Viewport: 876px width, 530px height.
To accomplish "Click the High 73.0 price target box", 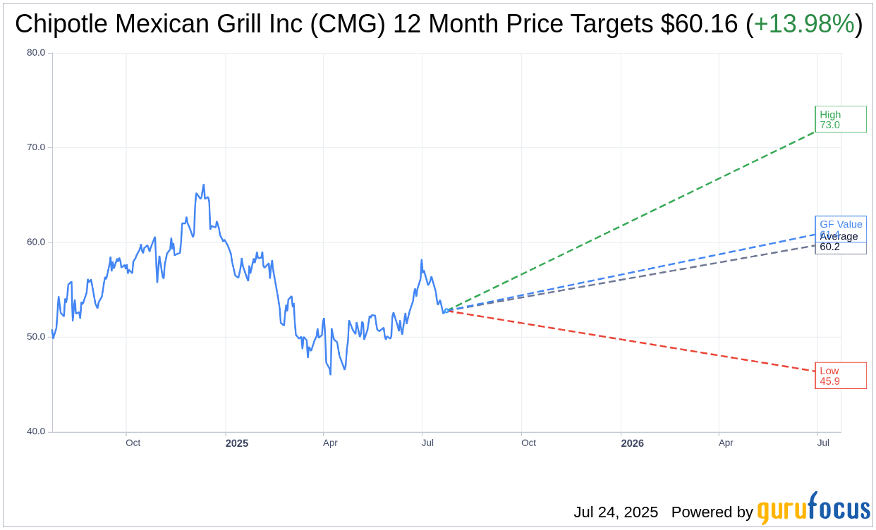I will [x=840, y=119].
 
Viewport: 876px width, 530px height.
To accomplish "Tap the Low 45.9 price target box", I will [x=840, y=376].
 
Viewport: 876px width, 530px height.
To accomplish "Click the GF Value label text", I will [x=841, y=224].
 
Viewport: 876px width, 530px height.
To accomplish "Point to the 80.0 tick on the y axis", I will [x=36, y=53].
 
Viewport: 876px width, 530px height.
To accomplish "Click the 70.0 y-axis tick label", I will [x=36, y=147].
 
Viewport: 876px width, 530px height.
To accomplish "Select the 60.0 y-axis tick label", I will [x=36, y=242].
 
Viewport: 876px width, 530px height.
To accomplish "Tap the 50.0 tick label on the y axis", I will [x=36, y=337].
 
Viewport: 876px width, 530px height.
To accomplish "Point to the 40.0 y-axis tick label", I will [x=36, y=431].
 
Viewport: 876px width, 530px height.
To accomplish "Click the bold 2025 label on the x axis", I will [x=237, y=443].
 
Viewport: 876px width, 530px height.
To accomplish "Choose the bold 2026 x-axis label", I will [x=632, y=443].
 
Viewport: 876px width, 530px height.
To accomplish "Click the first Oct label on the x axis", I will [x=133, y=443].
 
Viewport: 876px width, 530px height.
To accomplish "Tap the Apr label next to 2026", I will [x=726, y=443].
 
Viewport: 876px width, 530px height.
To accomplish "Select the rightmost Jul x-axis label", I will [x=823, y=443].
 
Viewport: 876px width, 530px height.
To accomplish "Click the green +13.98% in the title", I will [x=804, y=25].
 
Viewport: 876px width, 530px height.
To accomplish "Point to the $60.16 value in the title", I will [x=700, y=25].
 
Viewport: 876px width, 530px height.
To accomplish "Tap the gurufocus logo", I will [x=813, y=509].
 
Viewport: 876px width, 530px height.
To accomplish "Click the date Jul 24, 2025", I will [x=616, y=512].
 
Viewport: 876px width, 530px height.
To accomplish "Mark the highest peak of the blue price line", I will [x=204, y=185].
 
